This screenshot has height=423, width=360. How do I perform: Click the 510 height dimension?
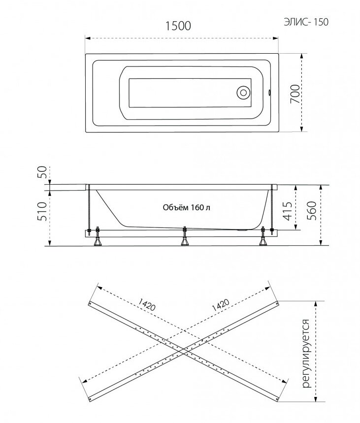click(x=42, y=212)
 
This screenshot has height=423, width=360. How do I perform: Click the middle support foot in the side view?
click(x=185, y=239)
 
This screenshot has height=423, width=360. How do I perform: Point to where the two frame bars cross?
click(x=183, y=348)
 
